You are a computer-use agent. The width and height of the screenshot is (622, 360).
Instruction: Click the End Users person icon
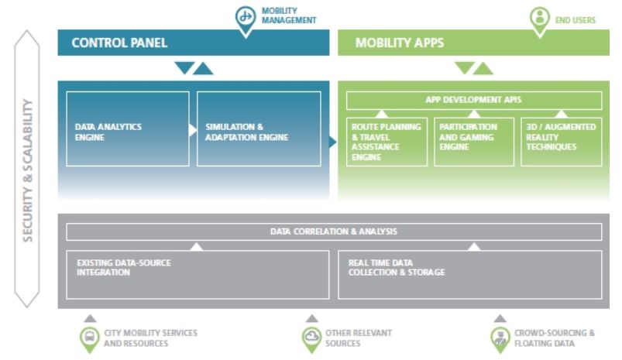[x=539, y=18]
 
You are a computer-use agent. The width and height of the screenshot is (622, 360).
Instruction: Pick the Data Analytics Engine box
[x=128, y=129]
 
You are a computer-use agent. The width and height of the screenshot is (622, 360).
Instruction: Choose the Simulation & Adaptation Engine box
[x=259, y=129]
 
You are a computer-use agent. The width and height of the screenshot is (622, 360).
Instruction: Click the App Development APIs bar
[x=473, y=100]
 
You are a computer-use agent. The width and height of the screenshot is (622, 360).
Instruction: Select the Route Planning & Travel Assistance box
[x=387, y=142]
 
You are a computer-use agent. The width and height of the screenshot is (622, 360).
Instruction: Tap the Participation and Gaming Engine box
[x=473, y=142]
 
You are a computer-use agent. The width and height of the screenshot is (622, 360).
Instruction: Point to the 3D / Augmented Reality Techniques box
[x=561, y=142]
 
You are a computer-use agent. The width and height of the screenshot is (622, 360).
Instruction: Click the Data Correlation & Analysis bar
[x=334, y=231]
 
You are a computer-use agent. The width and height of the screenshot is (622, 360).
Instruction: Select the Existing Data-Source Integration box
[x=198, y=274]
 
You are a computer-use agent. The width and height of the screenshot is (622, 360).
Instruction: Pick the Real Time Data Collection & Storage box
[x=470, y=274]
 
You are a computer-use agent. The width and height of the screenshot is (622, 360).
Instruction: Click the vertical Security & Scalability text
[x=28, y=170]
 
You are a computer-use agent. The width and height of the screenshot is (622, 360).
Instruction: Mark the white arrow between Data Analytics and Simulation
[x=193, y=129]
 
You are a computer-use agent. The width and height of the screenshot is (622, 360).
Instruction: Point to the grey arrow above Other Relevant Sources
[x=311, y=318]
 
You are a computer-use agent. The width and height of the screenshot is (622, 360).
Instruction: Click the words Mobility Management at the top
[x=289, y=15]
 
